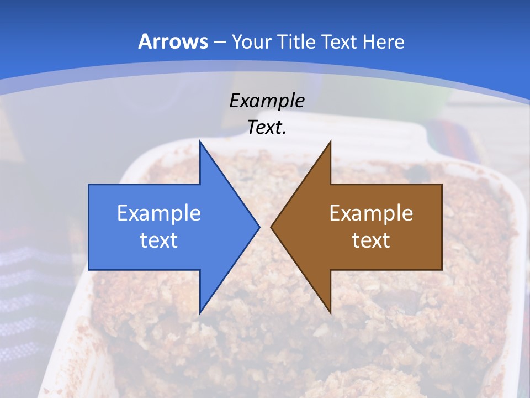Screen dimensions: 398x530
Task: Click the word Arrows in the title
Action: click(173, 41)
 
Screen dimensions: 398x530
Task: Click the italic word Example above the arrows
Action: click(267, 101)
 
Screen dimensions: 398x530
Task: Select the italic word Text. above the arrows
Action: click(267, 127)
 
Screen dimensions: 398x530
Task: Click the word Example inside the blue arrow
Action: click(159, 213)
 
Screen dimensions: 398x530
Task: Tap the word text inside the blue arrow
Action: click(159, 240)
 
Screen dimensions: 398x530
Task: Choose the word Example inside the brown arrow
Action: click(371, 213)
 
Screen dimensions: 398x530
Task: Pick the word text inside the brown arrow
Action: click(371, 240)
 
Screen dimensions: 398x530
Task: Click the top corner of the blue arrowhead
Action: click(200, 143)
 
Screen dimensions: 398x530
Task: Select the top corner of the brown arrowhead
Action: click(330, 143)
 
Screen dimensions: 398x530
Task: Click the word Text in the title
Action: click(341, 41)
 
